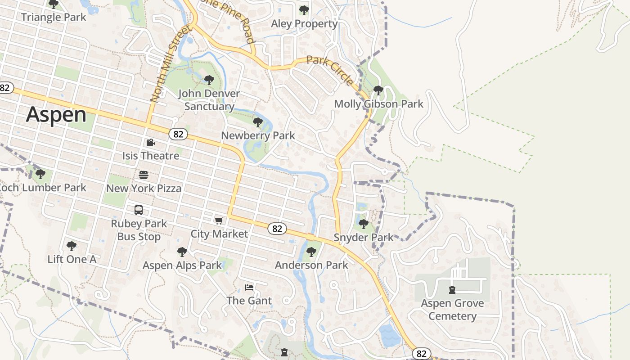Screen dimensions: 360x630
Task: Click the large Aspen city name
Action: click(56, 115)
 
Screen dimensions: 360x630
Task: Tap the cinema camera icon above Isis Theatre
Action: click(150, 143)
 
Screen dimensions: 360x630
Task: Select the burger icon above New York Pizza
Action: click(144, 175)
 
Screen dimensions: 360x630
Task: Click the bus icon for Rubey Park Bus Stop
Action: click(139, 210)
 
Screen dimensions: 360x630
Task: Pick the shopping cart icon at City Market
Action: click(219, 220)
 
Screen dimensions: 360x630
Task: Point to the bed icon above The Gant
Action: click(249, 287)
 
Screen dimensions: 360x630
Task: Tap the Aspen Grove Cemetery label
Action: click(452, 310)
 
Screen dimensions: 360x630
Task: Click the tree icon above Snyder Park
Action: click(363, 224)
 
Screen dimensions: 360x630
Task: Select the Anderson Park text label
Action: click(311, 265)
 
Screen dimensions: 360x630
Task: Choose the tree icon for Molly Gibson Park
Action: click(378, 90)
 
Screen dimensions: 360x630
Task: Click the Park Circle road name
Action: click(330, 71)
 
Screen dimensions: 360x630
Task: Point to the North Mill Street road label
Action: click(170, 64)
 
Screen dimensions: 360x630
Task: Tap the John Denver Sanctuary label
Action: click(209, 100)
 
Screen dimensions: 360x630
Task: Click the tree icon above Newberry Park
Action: click(258, 122)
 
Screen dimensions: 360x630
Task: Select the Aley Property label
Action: click(304, 23)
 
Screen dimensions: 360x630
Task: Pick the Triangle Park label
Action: click(53, 17)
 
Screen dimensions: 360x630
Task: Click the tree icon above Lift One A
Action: click(71, 246)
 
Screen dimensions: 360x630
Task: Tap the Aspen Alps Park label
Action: click(182, 265)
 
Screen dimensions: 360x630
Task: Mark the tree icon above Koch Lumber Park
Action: click(40, 174)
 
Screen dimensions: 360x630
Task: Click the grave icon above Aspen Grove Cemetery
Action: click(452, 290)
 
